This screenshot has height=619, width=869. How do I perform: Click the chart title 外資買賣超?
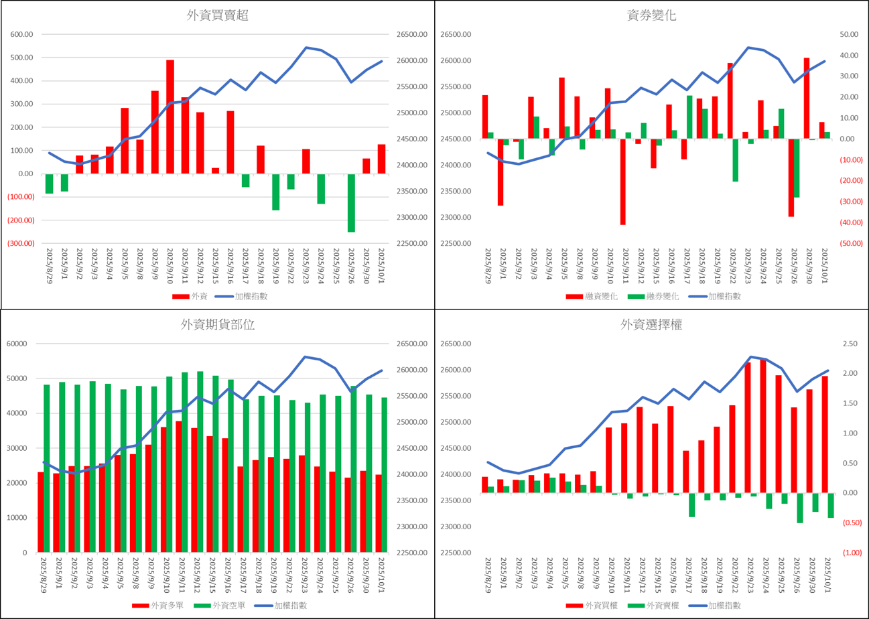217,16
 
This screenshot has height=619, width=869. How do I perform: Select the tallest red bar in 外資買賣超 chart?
170,117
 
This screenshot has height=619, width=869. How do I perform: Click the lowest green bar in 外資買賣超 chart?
351,203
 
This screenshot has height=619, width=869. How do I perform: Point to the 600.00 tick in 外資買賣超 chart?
22,35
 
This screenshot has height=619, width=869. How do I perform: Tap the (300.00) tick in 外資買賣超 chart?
21,243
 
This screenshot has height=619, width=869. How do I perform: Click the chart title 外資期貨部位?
217,325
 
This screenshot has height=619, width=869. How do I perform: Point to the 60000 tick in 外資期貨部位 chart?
17,344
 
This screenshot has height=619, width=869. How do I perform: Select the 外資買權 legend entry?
601,606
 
